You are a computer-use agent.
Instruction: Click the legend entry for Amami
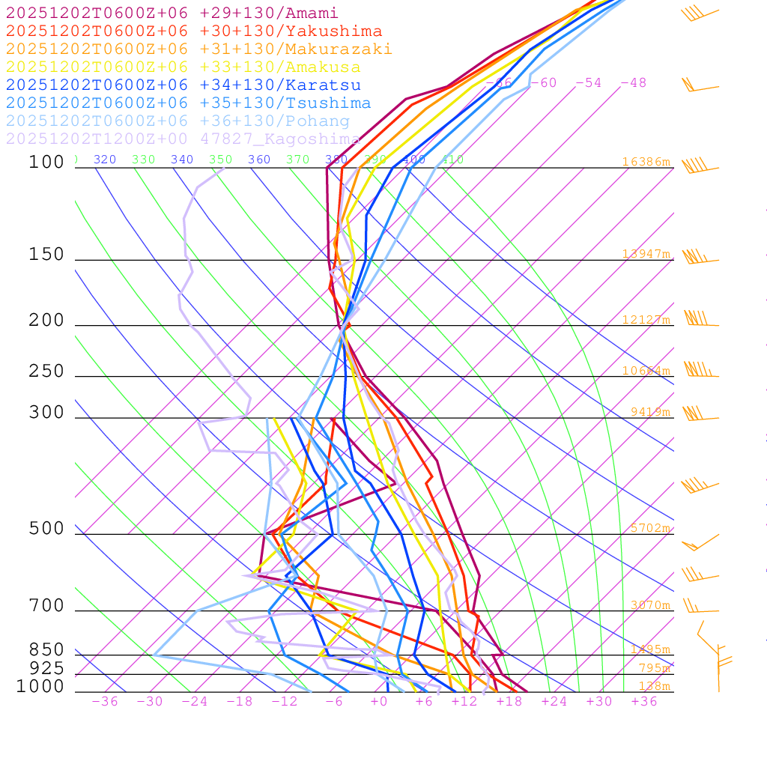[172, 13]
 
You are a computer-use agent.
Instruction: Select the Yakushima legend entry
[193, 31]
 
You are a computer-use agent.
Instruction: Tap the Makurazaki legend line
[198, 49]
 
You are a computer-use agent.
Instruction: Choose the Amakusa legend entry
[183, 67]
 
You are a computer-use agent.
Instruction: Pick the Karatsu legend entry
[183, 85]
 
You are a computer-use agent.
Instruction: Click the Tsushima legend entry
[188, 103]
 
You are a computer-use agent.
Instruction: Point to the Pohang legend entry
[178, 121]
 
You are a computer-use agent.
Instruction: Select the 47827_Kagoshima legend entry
[183, 139]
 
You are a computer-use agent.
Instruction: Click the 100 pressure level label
[46, 162]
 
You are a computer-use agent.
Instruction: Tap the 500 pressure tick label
[46, 529]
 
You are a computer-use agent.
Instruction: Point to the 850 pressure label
[46, 649]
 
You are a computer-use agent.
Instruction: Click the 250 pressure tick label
[46, 372]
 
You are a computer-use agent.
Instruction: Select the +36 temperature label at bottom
[644, 702]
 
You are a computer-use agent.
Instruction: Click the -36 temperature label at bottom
[104, 702]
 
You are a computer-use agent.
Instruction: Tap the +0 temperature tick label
[378, 702]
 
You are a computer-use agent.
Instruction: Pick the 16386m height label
[646, 162]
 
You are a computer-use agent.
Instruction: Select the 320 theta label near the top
[104, 160]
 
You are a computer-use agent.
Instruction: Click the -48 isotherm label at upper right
[633, 83]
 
